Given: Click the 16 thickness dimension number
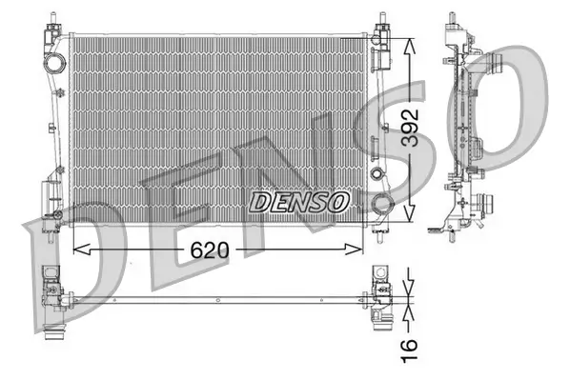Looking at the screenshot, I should click(x=409, y=348).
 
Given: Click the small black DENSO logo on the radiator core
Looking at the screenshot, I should click(x=299, y=201).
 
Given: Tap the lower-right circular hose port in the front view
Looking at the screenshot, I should click(x=381, y=203).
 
